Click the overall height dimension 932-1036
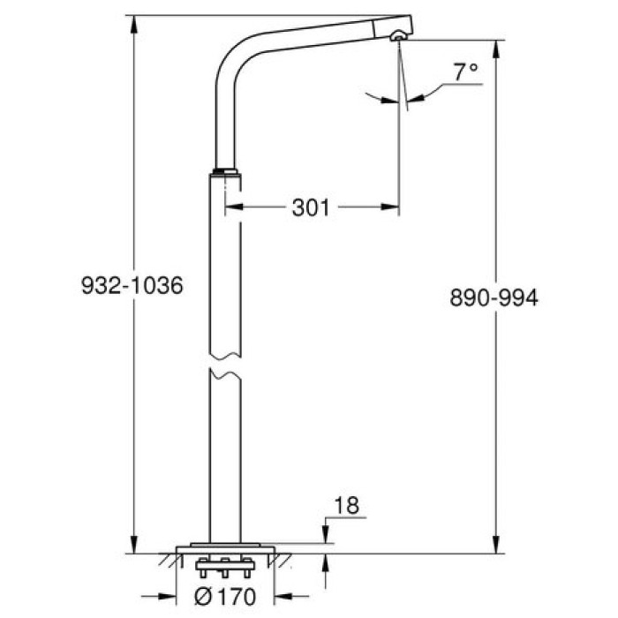pos(132,286)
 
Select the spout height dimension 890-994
pos(494,298)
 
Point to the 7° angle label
pos(465,72)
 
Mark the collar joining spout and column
pos(226,172)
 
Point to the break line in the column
pos(224,363)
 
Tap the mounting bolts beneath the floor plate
pos(224,564)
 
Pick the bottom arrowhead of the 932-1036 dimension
pos(135,546)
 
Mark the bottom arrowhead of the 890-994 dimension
pos(498,546)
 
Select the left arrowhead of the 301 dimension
pos(231,208)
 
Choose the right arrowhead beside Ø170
pos(275,594)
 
